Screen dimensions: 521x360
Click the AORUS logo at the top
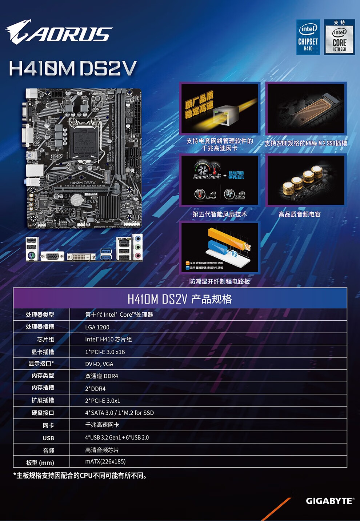(59, 32)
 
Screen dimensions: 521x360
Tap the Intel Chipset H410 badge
(308, 37)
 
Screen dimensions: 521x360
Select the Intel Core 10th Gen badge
(339, 37)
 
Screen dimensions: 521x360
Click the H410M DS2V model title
(73, 68)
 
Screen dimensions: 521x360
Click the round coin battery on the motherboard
(76, 199)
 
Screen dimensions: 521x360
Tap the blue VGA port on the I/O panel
(52, 256)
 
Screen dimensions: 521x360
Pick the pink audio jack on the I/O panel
(137, 256)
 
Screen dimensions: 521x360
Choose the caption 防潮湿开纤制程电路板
(219, 281)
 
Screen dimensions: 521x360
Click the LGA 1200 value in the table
(97, 327)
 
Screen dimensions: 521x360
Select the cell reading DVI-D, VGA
(99, 364)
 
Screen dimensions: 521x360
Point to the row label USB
(48, 438)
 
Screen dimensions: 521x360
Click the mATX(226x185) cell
(105, 461)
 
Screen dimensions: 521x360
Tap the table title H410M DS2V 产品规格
(180, 299)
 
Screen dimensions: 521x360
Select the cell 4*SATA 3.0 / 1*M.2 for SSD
(119, 413)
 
